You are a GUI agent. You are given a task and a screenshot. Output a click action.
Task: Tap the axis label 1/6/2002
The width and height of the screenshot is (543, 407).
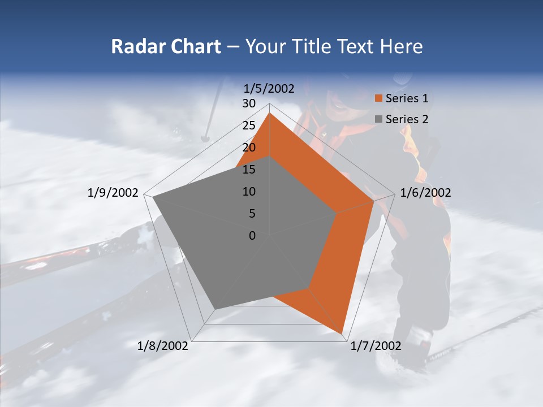point(425,193)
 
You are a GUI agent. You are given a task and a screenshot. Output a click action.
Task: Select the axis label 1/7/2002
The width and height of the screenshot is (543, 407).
point(376,345)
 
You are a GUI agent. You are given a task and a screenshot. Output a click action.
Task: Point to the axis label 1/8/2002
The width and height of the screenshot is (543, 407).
point(163,345)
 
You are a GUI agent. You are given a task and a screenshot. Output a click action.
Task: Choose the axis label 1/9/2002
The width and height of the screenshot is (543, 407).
point(113,193)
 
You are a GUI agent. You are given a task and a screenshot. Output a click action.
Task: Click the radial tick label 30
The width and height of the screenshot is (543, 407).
point(249,103)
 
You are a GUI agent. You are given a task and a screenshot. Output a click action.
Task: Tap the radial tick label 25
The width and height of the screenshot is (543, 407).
point(249,125)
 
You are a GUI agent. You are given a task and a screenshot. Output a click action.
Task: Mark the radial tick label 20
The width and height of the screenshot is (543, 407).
point(249,148)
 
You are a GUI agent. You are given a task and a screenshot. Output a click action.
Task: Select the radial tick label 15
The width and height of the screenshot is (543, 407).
point(249,170)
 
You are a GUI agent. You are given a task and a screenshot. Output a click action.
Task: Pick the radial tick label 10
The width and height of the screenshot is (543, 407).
point(249,192)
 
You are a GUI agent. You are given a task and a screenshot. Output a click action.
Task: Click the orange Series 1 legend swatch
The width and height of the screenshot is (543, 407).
point(379,98)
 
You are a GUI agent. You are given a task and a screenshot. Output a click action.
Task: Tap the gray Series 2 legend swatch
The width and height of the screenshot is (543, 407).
point(379,119)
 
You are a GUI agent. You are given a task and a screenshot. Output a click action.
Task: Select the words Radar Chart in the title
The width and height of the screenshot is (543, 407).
point(166,46)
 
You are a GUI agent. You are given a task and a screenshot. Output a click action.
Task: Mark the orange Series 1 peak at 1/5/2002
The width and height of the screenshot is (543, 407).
point(270,113)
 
